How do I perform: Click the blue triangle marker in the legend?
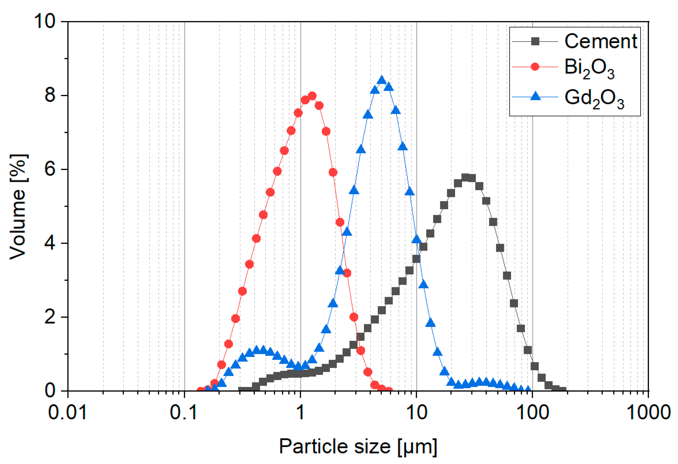(535, 96)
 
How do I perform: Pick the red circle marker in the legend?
(535, 67)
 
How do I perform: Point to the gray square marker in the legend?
(535, 42)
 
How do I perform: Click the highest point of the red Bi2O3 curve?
(312, 96)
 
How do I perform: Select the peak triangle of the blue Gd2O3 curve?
(382, 80)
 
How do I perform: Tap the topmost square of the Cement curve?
(465, 177)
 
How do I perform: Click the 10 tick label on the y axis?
(45, 21)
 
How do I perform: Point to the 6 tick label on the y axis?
(50, 169)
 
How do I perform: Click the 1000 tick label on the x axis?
(648, 413)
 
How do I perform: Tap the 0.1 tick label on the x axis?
(184, 413)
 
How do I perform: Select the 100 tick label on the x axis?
(533, 413)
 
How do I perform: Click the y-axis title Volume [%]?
(18, 206)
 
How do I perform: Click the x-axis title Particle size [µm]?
(358, 446)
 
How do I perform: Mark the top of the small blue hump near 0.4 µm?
(257, 349)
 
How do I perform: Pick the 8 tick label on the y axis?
(50, 95)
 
